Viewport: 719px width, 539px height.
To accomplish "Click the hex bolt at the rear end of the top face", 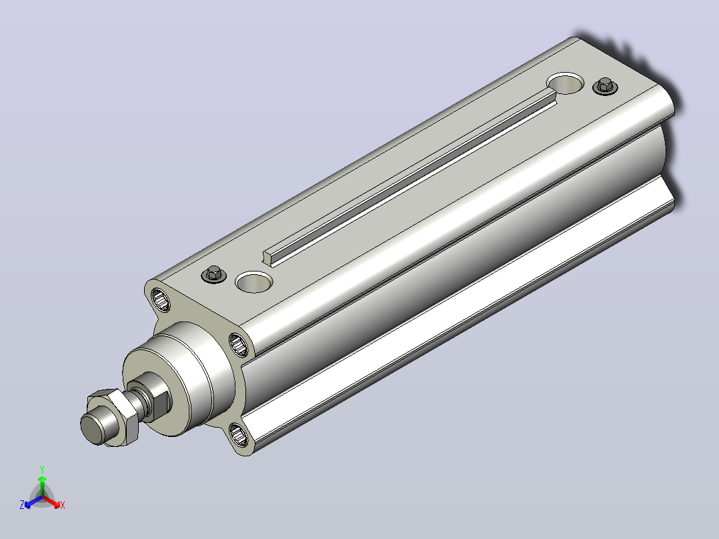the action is (x=605, y=86).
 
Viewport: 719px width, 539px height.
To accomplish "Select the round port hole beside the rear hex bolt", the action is (x=566, y=83).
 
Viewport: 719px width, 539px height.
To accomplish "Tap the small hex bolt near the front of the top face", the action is (x=213, y=274).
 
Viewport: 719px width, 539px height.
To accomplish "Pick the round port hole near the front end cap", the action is (x=253, y=282).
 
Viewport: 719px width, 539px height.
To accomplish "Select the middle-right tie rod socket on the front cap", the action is (x=239, y=344).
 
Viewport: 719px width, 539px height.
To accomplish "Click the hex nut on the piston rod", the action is (x=113, y=417).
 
